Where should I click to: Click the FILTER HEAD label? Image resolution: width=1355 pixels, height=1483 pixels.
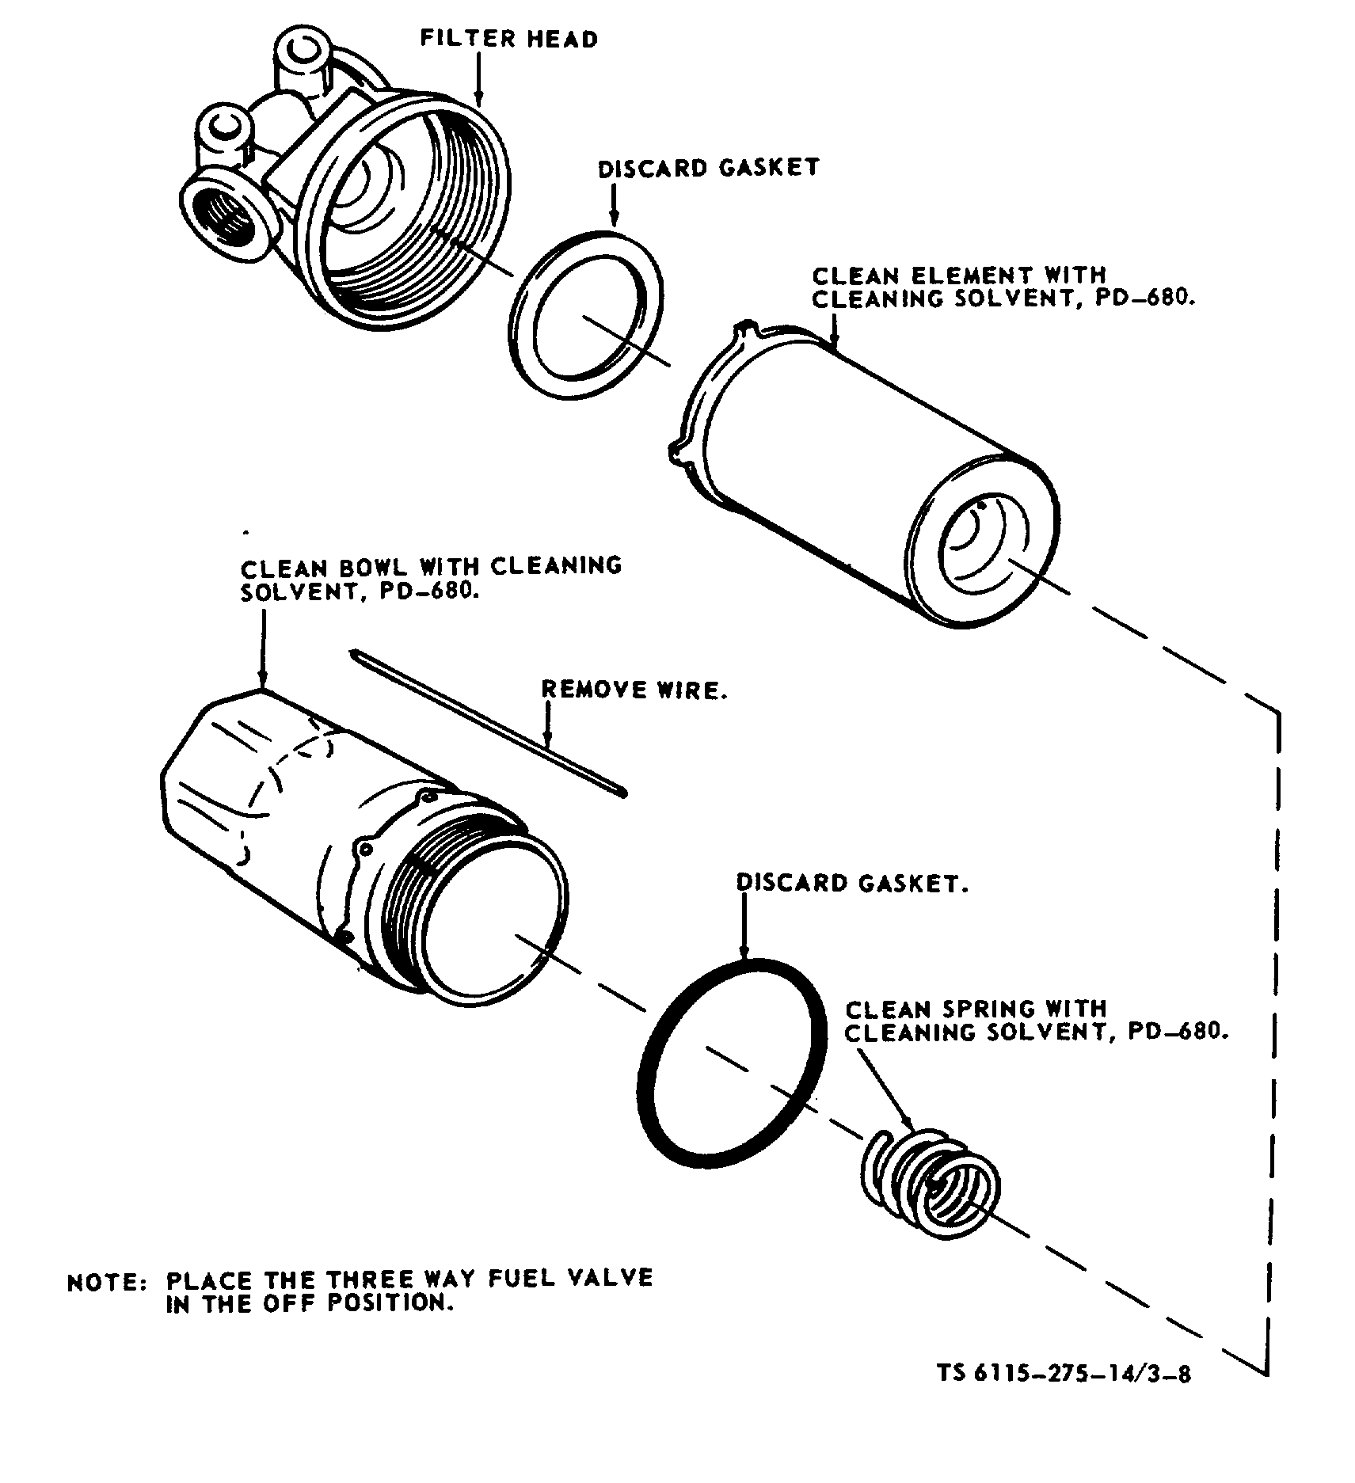pos(508,39)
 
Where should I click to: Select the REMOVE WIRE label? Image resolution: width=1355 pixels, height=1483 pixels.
pos(634,690)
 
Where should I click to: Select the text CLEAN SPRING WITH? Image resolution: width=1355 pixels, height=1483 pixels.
pos(976,1010)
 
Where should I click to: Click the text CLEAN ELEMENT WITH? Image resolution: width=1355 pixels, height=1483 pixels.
pos(958,276)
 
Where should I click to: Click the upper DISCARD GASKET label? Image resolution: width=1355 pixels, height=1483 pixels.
pos(708,168)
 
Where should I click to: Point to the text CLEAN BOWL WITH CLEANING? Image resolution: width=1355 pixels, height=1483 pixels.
pos(432,567)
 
